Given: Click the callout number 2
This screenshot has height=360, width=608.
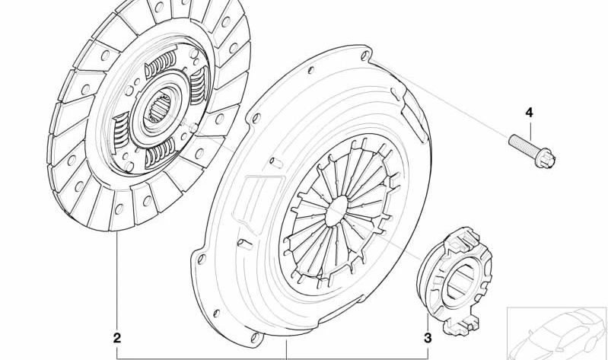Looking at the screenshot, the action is click(x=116, y=338).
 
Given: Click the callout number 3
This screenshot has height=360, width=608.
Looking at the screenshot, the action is click(x=428, y=338).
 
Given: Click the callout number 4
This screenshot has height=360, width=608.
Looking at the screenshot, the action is click(x=530, y=113).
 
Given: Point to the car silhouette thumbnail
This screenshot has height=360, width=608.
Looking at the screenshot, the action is click(x=557, y=333).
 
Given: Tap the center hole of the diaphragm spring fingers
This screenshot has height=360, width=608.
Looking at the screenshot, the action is click(x=336, y=211).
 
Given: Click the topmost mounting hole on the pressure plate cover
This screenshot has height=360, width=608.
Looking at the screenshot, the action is click(x=365, y=55).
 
